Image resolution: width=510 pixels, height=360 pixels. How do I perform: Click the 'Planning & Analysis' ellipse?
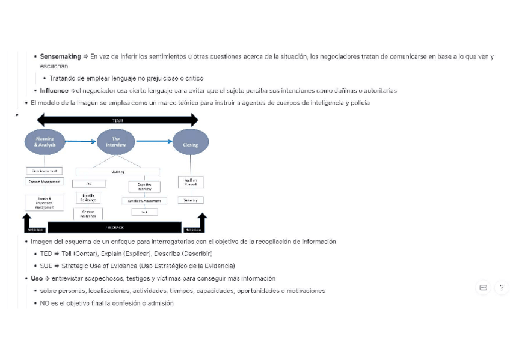44,142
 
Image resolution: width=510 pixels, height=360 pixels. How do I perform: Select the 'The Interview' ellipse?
116,142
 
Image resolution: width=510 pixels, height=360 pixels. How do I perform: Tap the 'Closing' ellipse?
190,142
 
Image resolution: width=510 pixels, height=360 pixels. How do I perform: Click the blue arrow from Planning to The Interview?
80,141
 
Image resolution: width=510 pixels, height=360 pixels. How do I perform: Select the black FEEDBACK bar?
114,228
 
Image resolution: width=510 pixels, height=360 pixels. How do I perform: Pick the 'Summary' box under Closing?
190,200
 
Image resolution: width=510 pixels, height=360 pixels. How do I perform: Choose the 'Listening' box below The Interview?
118,171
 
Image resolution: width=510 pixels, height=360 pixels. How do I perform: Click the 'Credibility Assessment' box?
144,201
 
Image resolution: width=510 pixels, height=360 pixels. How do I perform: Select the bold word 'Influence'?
54,91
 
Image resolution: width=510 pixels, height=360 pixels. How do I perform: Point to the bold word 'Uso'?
37,278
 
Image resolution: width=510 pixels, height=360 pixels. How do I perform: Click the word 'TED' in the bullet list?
46,254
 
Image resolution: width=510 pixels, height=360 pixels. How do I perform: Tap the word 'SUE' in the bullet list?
46,266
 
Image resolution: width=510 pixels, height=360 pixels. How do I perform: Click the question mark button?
502,288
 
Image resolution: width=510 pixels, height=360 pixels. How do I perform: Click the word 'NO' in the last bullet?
45,303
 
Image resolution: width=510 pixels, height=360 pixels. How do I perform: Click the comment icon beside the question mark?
483,288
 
